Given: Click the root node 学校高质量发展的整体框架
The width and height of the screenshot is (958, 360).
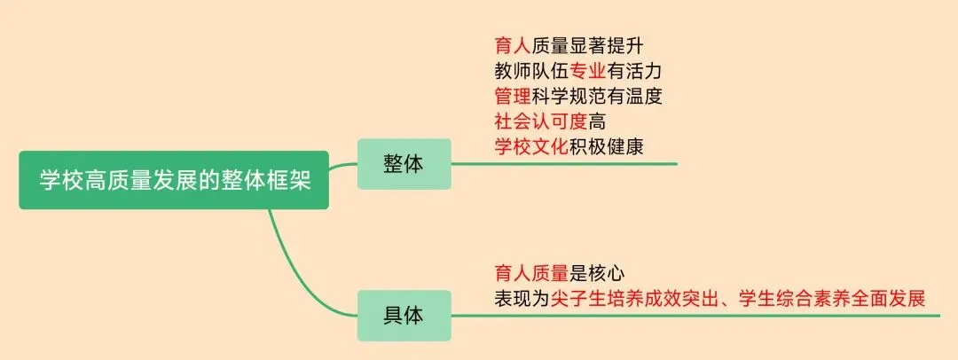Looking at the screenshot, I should [174, 180].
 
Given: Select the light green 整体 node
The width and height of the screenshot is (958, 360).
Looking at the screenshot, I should [404, 164].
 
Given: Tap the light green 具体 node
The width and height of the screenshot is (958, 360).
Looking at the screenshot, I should [404, 315].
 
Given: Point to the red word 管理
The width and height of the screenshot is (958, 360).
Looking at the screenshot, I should [512, 95].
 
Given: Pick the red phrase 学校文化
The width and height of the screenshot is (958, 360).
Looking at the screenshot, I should [530, 146].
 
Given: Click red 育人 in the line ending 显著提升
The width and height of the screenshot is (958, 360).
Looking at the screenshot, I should [512, 43].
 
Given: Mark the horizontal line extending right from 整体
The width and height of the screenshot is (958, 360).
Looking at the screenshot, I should [568, 164].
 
